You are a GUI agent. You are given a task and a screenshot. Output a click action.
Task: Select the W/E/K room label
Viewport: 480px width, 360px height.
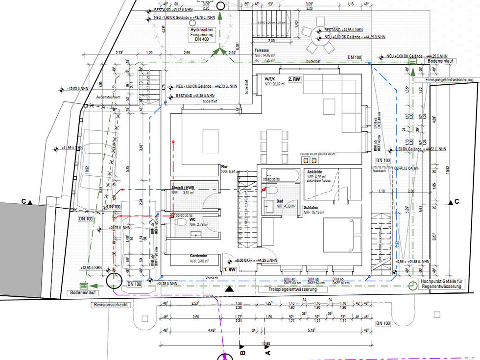pos(270,79)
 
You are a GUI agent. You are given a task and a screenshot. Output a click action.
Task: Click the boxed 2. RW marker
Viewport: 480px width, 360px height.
pos(294,79)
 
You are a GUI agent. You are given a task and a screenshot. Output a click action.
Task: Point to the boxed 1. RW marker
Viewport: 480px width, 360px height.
pos(230,270)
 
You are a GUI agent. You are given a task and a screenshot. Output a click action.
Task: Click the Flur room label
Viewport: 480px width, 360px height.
pos(225,167)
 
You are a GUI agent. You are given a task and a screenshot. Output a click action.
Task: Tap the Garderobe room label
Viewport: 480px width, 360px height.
pos(200,256)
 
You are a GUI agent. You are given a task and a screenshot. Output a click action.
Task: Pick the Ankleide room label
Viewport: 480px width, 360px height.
pos(315,172)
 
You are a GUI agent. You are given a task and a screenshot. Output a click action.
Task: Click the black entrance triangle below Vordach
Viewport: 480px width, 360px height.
pos(229,289)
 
